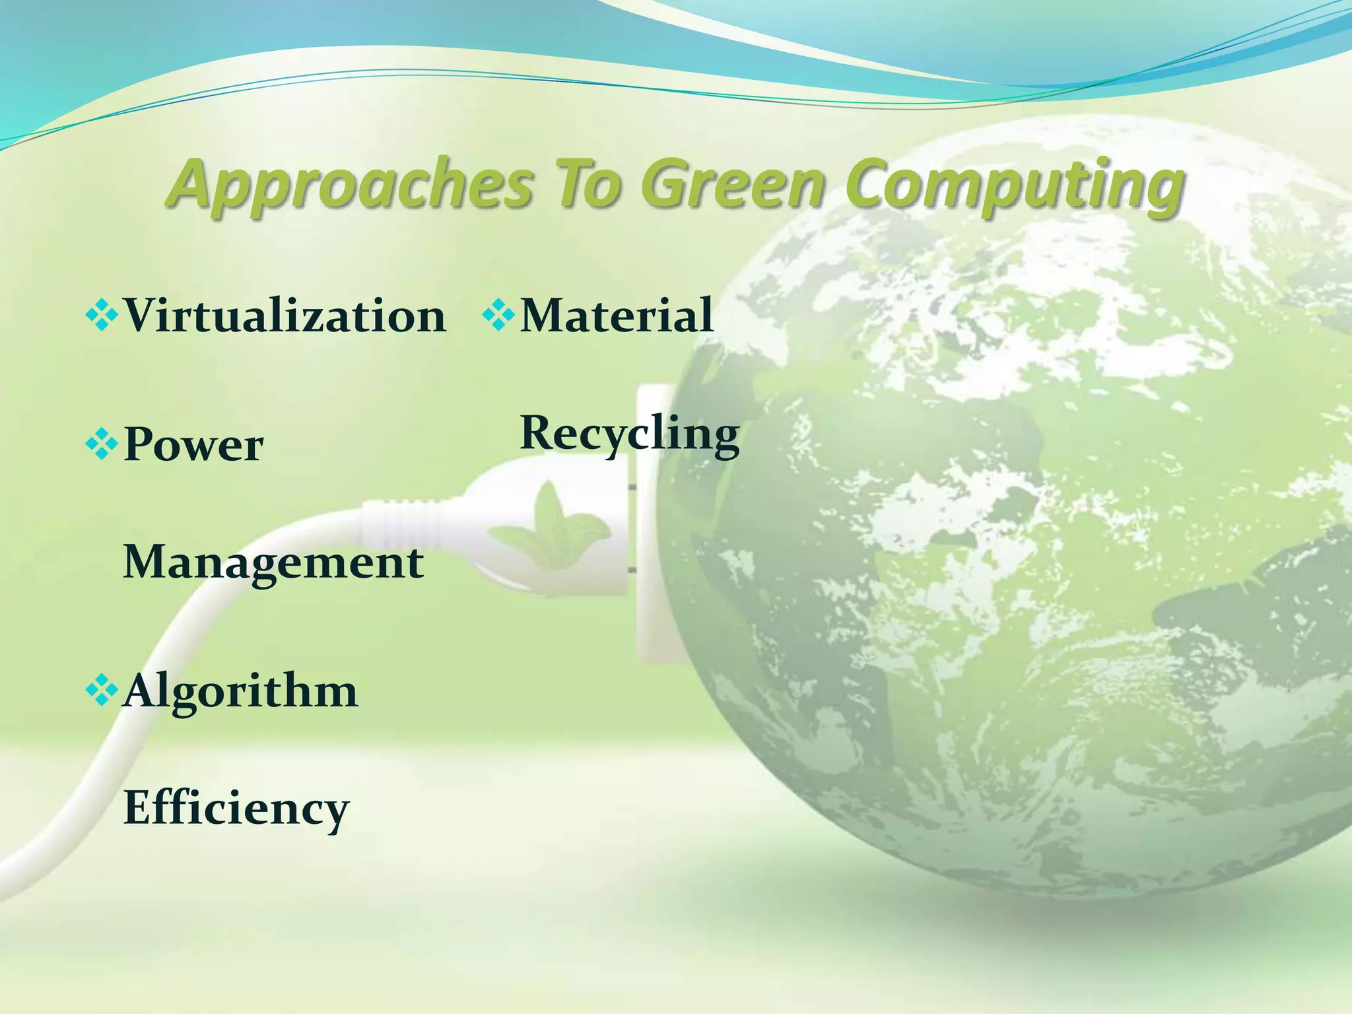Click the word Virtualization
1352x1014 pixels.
[285, 316]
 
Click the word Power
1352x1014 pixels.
[193, 445]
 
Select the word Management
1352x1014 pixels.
[273, 562]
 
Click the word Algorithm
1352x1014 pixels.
[240, 692]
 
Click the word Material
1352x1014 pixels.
[617, 316]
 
